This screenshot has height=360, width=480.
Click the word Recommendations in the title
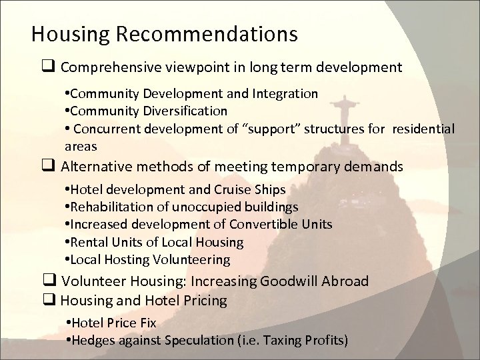pyautogui.click(x=217, y=33)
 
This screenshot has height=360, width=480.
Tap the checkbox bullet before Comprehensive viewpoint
pyautogui.click(x=48, y=67)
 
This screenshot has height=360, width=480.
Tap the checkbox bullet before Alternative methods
pyautogui.click(x=48, y=166)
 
